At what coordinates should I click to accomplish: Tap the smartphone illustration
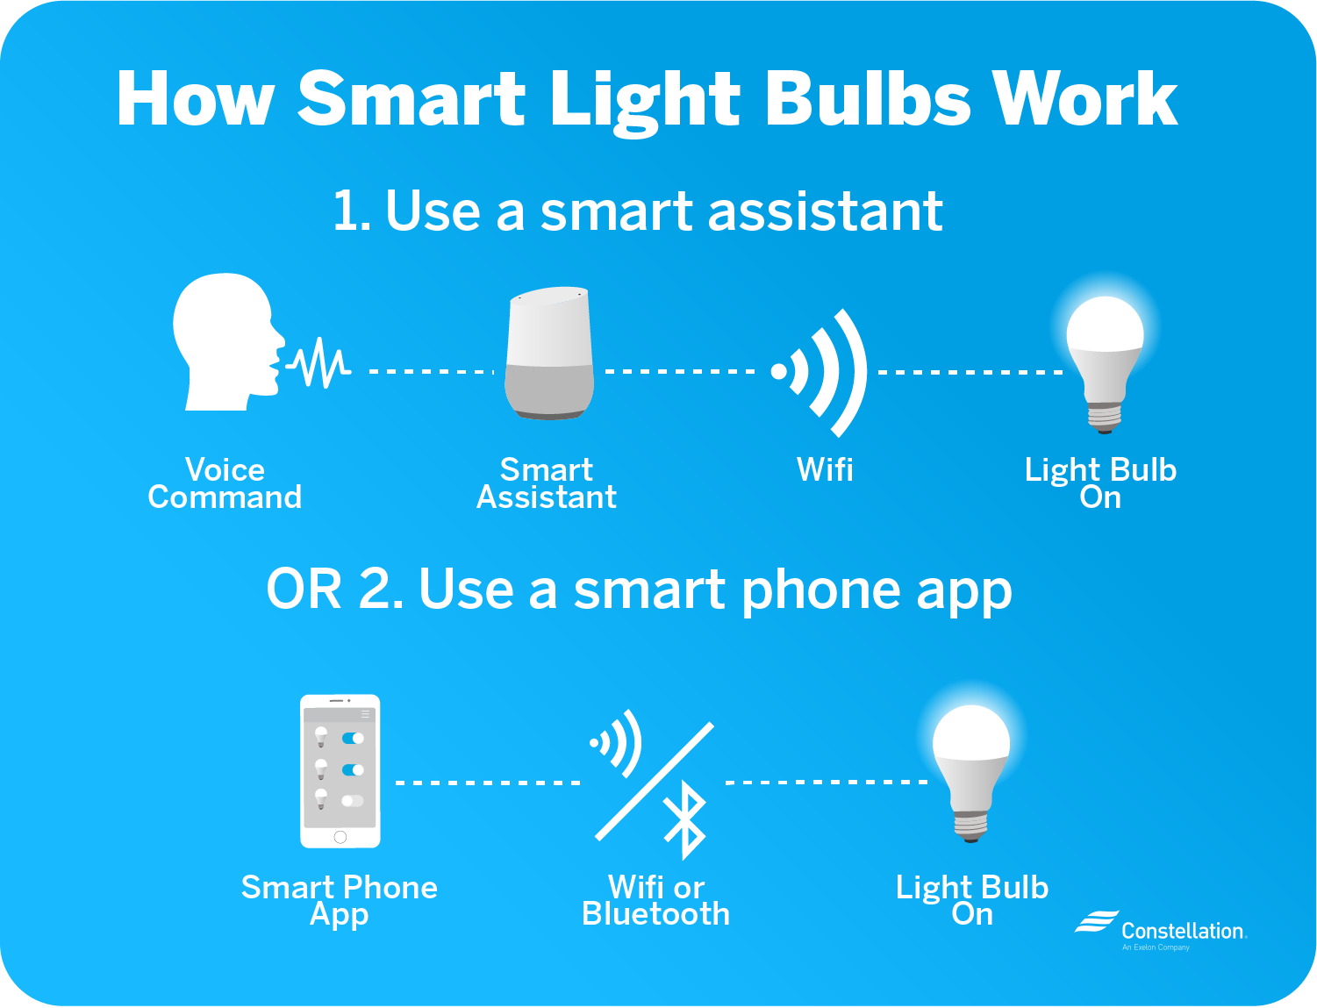(x=340, y=771)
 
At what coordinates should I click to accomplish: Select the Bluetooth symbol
(x=685, y=821)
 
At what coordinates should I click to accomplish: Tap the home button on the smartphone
(x=340, y=837)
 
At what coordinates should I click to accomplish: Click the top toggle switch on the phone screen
(x=353, y=739)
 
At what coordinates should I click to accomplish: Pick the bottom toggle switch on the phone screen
(x=353, y=800)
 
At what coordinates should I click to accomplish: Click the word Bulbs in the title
(x=868, y=98)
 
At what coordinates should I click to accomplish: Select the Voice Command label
(x=225, y=483)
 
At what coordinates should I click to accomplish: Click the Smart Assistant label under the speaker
(x=547, y=483)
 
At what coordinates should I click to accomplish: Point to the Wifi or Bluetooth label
(x=656, y=900)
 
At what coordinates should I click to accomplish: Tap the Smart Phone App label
(x=340, y=900)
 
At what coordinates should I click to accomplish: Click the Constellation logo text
(x=1182, y=931)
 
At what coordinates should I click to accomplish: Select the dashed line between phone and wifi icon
(x=488, y=782)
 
